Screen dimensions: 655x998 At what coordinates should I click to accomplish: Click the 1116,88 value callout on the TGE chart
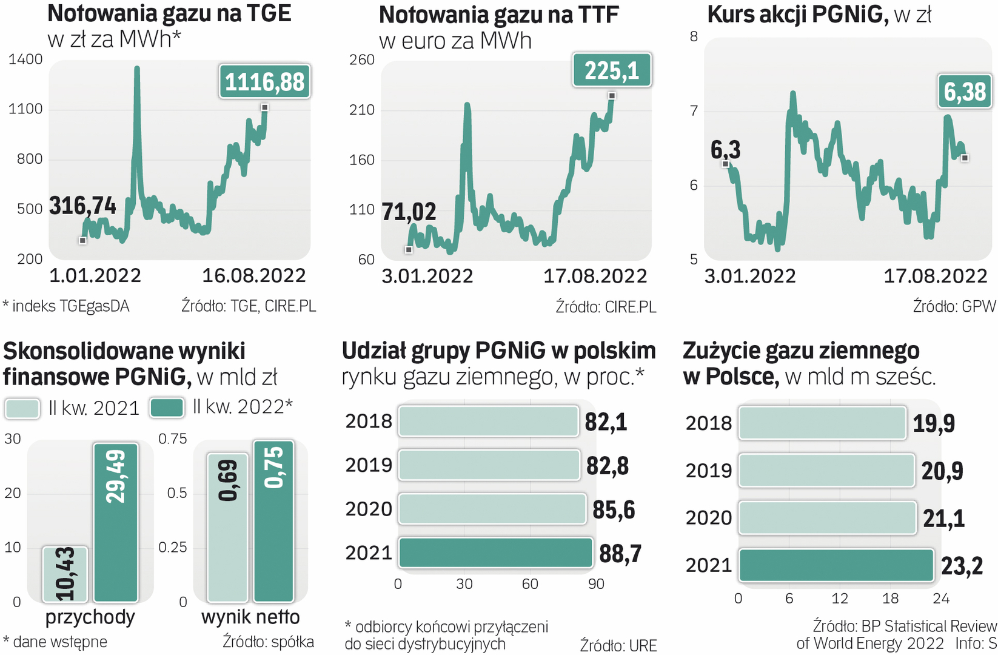tap(264, 82)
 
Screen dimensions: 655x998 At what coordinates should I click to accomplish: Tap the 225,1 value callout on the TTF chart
tap(612, 70)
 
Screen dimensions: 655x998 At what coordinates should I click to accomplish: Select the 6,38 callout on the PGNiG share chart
tap(965, 92)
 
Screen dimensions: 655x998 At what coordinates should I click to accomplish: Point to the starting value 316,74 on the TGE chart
tap(82, 206)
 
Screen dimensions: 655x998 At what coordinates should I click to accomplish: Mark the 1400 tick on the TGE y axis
tap(25, 59)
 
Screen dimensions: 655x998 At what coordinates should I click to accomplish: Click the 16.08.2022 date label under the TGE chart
tap(253, 276)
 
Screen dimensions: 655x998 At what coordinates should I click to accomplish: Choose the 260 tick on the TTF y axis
tap(362, 60)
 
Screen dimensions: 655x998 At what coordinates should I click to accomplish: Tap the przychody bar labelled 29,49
tap(116, 522)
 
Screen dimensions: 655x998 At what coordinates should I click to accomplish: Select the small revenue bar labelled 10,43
tap(65, 574)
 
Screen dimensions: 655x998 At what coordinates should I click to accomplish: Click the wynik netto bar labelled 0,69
tap(228, 527)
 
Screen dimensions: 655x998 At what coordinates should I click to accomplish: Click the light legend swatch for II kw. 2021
tap(22, 409)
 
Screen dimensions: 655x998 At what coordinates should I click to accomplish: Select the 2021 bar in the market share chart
tap(495, 553)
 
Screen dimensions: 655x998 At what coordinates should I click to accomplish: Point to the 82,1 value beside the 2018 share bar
tap(606, 422)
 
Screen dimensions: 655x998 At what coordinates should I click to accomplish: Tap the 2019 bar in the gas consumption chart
tap(826, 471)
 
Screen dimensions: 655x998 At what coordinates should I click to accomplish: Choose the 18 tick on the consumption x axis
tap(890, 599)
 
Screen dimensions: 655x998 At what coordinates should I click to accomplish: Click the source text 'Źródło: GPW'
tap(954, 307)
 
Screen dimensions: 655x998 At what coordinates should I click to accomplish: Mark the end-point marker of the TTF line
tap(612, 96)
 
